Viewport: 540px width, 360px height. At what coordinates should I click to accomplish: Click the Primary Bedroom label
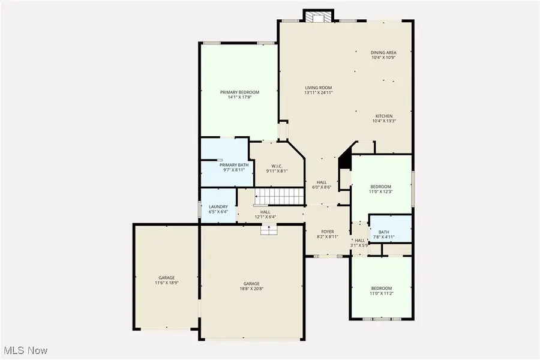(239, 92)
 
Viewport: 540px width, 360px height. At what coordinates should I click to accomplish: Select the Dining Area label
(383, 53)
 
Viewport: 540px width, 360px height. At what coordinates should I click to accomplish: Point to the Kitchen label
(384, 116)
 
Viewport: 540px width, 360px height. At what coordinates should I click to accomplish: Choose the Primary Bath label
(233, 165)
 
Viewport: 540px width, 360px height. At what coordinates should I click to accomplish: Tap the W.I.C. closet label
(277, 166)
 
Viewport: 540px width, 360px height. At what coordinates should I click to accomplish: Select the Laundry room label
(218, 207)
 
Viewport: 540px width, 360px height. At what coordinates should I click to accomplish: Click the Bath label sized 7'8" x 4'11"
(383, 232)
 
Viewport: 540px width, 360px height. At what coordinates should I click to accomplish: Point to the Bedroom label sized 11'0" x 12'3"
(380, 187)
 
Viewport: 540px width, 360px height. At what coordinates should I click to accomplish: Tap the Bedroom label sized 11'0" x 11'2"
(381, 288)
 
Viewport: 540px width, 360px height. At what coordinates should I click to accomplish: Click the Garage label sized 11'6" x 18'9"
(166, 278)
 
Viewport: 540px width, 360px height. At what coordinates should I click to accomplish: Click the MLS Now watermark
(25, 350)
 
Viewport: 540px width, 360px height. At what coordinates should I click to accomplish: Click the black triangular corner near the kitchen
(345, 160)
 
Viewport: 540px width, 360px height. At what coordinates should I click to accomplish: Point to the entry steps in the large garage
(268, 228)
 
